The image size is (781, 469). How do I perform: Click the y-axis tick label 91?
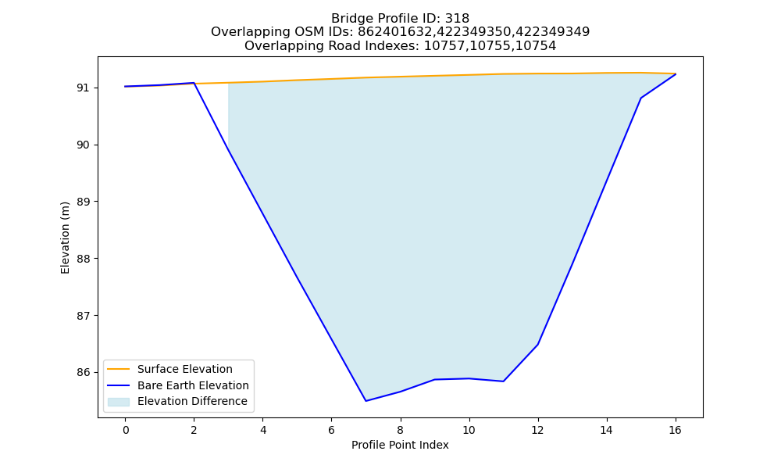coord(84,88)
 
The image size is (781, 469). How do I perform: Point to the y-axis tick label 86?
coord(84,373)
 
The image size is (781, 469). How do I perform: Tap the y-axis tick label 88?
coord(84,260)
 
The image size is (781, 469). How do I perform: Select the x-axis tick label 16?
coord(675,430)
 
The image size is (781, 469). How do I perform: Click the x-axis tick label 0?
coord(126,430)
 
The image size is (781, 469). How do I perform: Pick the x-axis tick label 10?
coord(469,430)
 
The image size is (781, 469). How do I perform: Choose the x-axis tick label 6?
coord(331,430)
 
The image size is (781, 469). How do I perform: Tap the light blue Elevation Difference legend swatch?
coord(119,402)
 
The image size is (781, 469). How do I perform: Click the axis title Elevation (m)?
coord(65,238)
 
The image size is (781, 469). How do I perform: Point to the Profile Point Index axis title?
coord(400,445)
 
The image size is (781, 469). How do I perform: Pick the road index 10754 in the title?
coord(536,46)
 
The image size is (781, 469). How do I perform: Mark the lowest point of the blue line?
coord(366,401)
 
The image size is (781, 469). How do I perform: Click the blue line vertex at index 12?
coord(537,345)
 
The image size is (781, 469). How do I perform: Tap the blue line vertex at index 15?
coord(640,98)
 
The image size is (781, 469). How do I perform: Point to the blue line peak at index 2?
coord(194,83)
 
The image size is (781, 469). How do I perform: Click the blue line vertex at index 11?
coord(503,381)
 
